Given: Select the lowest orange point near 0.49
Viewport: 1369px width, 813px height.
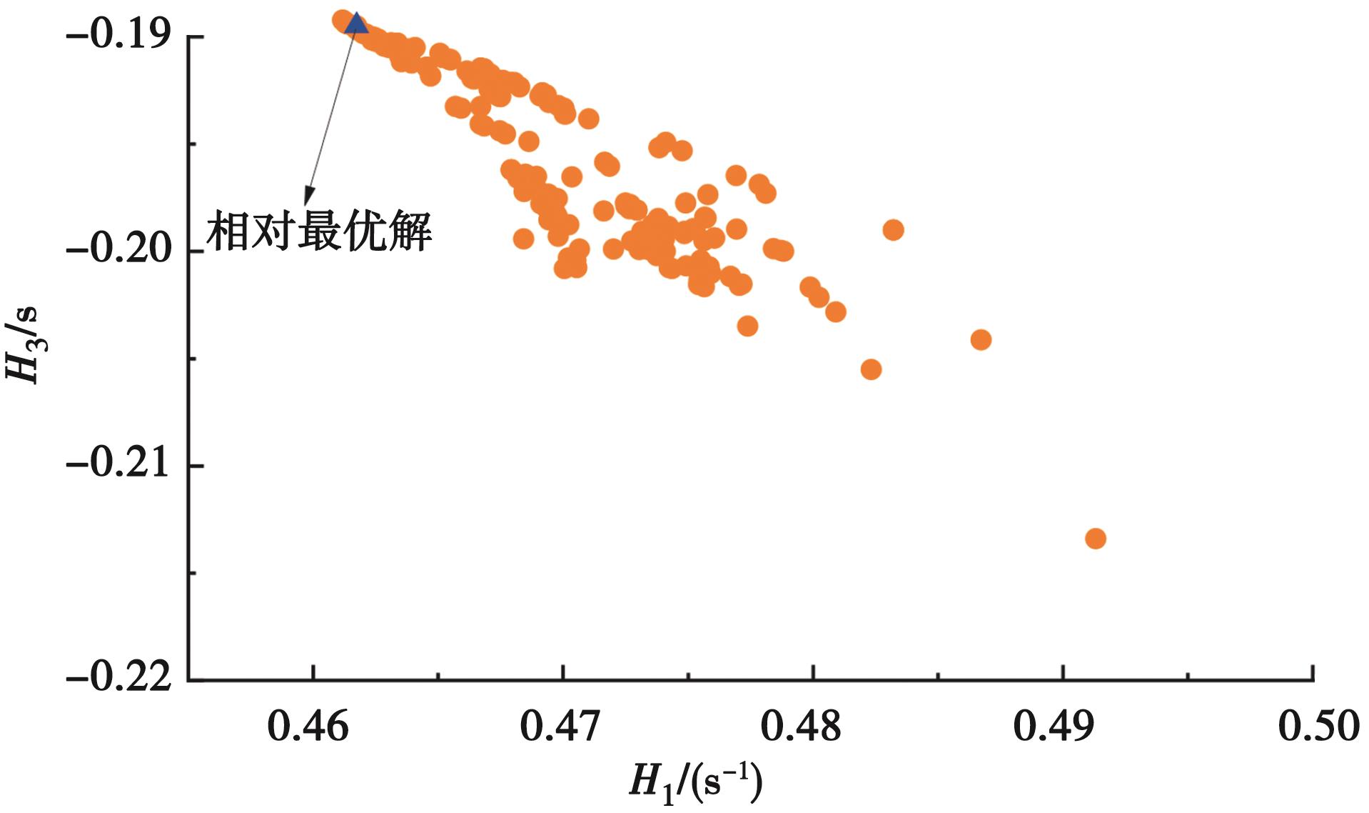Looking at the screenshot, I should tap(1095, 538).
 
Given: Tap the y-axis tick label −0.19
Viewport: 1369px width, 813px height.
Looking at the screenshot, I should tap(119, 35).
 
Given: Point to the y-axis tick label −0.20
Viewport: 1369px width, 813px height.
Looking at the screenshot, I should tap(119, 249).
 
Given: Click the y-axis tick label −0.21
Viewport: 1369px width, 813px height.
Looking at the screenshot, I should tap(119, 464).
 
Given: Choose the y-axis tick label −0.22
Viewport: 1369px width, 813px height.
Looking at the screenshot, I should tap(119, 677).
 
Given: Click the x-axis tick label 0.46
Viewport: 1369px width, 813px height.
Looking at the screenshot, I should tap(308, 727).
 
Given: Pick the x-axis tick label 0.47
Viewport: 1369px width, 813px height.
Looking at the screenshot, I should tap(560, 727).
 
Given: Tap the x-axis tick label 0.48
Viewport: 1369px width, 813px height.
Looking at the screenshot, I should tap(801, 727).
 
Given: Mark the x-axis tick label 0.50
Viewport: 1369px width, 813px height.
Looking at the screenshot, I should tap(1318, 727).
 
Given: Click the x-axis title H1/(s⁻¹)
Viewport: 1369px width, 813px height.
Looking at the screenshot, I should tap(695, 782).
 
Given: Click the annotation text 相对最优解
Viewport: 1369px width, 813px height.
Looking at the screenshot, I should tap(319, 231).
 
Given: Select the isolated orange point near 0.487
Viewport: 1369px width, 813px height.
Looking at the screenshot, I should tap(981, 339).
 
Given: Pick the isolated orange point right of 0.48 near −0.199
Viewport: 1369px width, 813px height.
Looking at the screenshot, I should tap(893, 230).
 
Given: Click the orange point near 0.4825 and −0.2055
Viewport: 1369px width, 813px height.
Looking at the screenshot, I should tap(871, 369).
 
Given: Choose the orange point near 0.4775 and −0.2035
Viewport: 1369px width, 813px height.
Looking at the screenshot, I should tap(747, 326).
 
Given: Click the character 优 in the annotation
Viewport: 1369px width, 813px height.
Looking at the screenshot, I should tap(365, 231).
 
